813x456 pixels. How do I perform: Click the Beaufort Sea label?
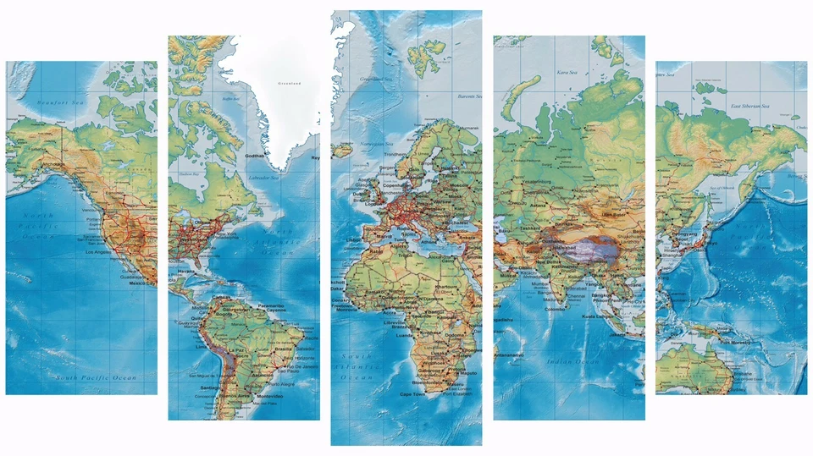tap(45, 102)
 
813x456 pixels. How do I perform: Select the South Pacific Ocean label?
tap(95, 376)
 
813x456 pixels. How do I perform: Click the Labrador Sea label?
tap(264, 178)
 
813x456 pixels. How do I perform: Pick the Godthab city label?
tap(254, 157)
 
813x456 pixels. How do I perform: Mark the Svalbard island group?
tap(426, 58)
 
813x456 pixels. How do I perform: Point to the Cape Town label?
tap(412, 395)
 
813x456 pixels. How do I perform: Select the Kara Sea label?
tap(567, 73)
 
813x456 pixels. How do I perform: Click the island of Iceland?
tap(342, 151)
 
